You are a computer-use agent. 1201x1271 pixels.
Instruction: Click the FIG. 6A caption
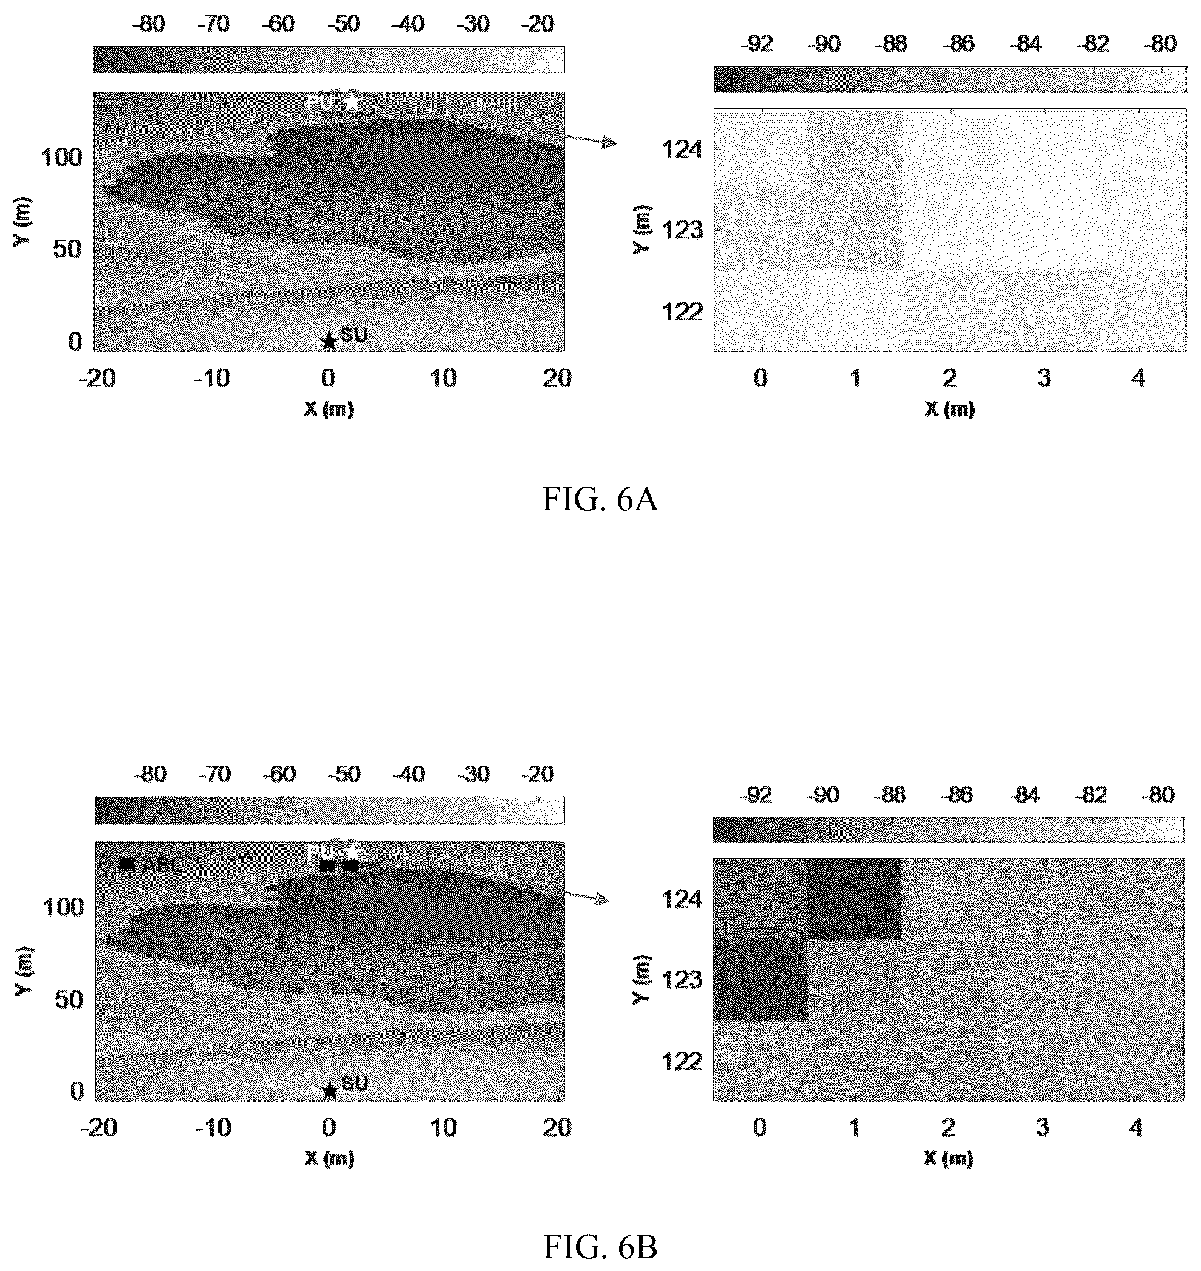click(x=600, y=499)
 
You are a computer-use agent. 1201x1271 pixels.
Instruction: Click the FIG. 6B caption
click(x=600, y=1247)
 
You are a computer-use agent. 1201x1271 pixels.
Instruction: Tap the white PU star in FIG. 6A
click(x=351, y=101)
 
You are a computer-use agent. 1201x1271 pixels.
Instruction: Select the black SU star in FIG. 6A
click(x=328, y=341)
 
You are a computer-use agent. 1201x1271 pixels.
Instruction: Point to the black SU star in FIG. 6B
click(x=329, y=1091)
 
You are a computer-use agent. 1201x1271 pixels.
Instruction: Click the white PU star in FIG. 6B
click(x=352, y=852)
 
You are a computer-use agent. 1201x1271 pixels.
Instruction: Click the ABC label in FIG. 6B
click(x=163, y=865)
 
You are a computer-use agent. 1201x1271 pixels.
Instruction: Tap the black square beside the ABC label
click(x=127, y=865)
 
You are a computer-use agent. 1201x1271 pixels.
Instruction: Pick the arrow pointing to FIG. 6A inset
click(x=590, y=141)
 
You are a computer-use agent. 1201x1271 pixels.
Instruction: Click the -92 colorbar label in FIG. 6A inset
click(x=756, y=44)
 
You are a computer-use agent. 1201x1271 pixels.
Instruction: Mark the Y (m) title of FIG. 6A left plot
click(x=24, y=221)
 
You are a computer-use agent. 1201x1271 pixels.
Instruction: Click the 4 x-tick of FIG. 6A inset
click(x=1138, y=378)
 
